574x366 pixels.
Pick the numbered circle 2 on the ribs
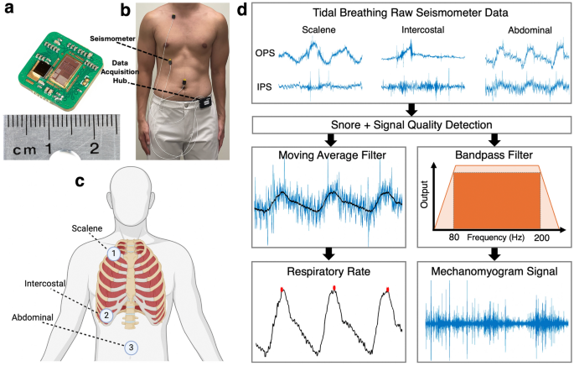point(107,316)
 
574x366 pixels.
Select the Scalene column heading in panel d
point(320,31)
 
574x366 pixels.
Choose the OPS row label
point(265,55)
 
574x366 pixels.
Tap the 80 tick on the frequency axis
point(453,238)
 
